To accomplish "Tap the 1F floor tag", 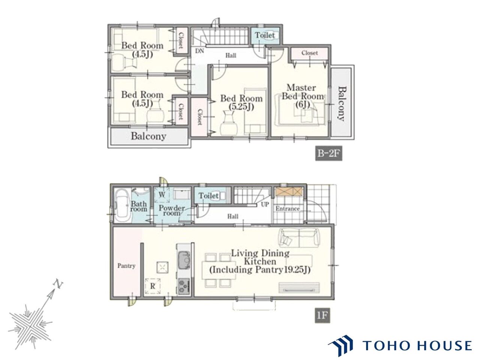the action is pos(322,315).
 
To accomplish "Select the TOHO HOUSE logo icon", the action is pos(340,346).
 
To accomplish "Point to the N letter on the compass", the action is pos(58,284).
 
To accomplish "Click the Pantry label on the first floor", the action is pos(126,266).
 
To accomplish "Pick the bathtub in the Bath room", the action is pos(123,206).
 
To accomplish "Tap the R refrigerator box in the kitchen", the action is pos(153,286).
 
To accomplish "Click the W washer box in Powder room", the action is pos(162,195).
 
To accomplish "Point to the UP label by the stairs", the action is pos(265,204).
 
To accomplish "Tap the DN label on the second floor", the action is pos(199,51).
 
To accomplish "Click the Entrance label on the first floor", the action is pos(287,208).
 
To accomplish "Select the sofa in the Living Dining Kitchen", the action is pos(299,238).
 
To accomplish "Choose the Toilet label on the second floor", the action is pos(265,35).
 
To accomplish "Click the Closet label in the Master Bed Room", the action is pos(309,52).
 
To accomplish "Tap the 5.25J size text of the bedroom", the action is pos(241,107).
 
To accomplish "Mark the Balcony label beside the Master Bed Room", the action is pos(342,103).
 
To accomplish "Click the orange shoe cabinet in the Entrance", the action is pos(289,191).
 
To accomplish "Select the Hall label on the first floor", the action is pos(232,216).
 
